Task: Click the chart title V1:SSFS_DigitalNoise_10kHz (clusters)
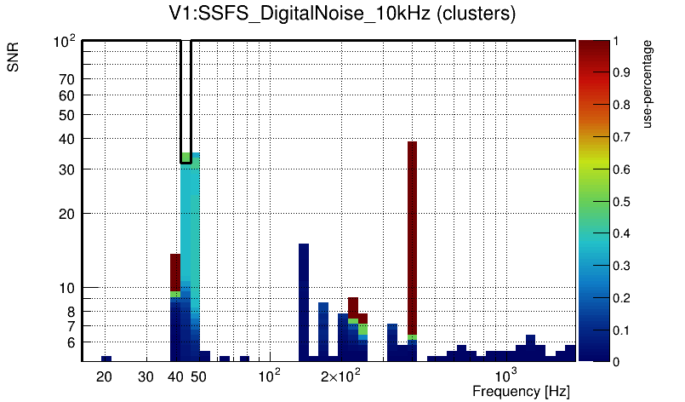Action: (341, 14)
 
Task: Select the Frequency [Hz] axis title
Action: (521, 391)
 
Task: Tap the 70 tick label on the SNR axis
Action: (67, 79)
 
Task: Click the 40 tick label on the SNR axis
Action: (67, 139)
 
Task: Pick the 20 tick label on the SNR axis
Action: (67, 214)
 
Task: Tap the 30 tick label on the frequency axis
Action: (146, 376)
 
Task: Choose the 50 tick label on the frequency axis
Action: (198, 376)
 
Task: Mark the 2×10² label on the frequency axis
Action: (340, 376)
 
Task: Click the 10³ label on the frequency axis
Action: (505, 376)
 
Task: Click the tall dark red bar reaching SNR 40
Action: (412, 238)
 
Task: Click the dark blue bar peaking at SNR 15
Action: (304, 298)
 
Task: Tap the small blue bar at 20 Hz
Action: (106, 359)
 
